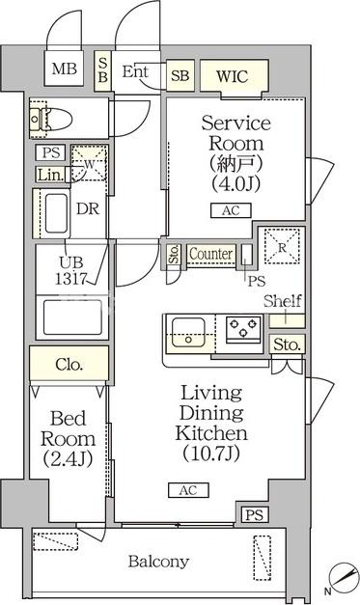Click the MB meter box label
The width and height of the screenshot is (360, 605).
point(64,69)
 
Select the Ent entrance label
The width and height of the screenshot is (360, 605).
point(134,71)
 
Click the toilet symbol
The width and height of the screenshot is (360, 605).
point(49,119)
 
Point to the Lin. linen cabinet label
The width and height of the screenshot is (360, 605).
point(50,175)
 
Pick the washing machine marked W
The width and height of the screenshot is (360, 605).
point(88,163)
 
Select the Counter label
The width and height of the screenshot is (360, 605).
point(211,253)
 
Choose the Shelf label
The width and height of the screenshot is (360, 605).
point(283,300)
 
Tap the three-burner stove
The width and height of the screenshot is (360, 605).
point(242,331)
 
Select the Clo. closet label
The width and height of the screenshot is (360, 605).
point(69,365)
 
